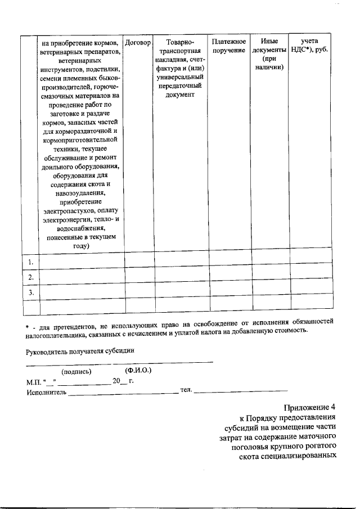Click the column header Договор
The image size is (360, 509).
coord(139,43)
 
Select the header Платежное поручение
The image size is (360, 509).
coord(229,47)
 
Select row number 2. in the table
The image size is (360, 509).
coord(31,277)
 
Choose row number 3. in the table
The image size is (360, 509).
coord(31,292)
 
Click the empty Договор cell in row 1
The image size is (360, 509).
coord(139,262)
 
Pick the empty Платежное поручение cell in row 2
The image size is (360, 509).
coord(229,277)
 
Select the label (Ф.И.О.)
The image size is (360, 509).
coord(138,371)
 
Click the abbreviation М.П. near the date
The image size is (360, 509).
coord(34,382)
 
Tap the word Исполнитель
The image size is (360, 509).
coord(46,392)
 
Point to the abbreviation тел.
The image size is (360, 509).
coord(186,390)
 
